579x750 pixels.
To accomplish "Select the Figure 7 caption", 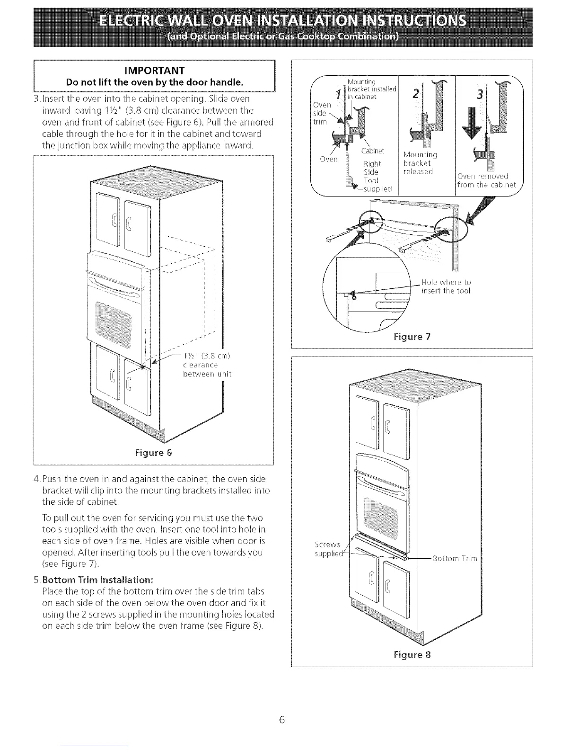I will click(x=412, y=337).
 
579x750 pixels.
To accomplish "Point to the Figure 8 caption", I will click(x=412, y=655).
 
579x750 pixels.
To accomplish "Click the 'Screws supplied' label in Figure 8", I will click(x=327, y=549).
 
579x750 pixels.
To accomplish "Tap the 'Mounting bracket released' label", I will click(x=420, y=163).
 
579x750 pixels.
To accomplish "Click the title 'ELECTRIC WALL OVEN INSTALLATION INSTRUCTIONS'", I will click(x=283, y=21).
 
